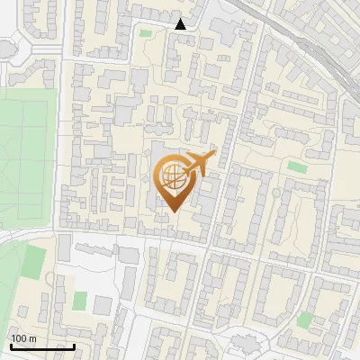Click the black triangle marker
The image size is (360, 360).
[181, 24]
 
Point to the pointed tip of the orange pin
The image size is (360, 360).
[173, 211]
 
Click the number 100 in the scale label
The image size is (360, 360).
[19, 338]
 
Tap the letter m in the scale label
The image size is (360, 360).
[32, 338]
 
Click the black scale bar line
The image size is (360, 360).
[41, 346]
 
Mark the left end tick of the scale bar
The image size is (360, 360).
[11, 345]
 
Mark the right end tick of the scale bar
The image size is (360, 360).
[73, 345]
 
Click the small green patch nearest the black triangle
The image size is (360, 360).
[146, 33]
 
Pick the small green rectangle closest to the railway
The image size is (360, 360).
[298, 166]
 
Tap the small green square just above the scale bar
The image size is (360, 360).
[80, 299]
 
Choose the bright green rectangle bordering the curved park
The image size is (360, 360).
[34, 261]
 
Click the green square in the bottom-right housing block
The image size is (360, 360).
[306, 319]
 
